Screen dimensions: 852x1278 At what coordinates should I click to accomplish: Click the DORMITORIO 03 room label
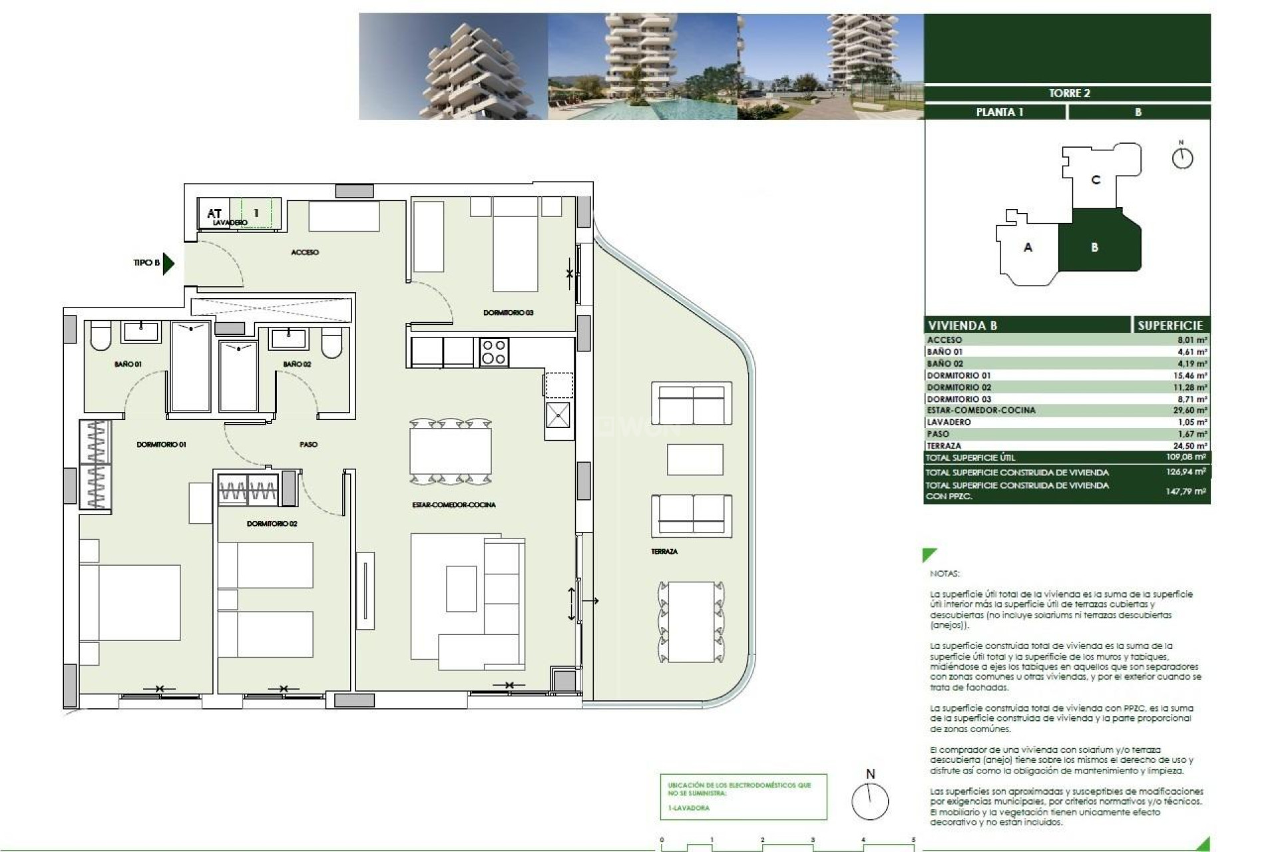pyautogui.click(x=508, y=312)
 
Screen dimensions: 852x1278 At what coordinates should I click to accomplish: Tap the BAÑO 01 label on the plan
pyautogui.click(x=128, y=364)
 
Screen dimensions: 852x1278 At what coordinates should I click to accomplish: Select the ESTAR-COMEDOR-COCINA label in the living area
pyautogui.click(x=453, y=505)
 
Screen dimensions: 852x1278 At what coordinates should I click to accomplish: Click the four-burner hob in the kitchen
pyautogui.click(x=493, y=352)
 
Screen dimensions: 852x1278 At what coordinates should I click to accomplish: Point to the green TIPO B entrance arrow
pyautogui.click(x=168, y=263)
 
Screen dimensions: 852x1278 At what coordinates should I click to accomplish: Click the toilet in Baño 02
pyautogui.click(x=331, y=344)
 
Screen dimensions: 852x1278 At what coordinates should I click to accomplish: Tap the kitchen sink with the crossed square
pyautogui.click(x=558, y=415)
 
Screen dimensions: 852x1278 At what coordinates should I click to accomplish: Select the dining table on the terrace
pyautogui.click(x=691, y=622)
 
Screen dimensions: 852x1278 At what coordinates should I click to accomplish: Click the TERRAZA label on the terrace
pyautogui.click(x=664, y=551)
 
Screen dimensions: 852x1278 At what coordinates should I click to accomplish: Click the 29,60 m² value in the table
pyautogui.click(x=1189, y=411)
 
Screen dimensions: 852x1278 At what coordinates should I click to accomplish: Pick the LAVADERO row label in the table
pyautogui.click(x=949, y=422)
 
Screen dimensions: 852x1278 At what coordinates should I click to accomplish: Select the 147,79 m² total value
pyautogui.click(x=1185, y=491)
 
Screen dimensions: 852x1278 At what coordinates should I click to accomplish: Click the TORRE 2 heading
pyautogui.click(x=1069, y=93)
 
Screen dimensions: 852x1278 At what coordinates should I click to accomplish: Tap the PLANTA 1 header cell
pyautogui.click(x=999, y=112)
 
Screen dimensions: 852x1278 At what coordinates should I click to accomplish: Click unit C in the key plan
pyautogui.click(x=1096, y=180)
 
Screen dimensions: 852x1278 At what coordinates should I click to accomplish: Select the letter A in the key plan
pyautogui.click(x=1028, y=247)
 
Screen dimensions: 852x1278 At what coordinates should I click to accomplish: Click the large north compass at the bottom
pyautogui.click(x=870, y=801)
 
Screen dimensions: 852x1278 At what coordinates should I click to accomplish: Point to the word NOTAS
pyautogui.click(x=945, y=573)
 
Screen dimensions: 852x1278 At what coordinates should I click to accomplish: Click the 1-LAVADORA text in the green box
pyautogui.click(x=688, y=808)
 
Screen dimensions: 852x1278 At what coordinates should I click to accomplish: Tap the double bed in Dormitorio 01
pyautogui.click(x=130, y=602)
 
